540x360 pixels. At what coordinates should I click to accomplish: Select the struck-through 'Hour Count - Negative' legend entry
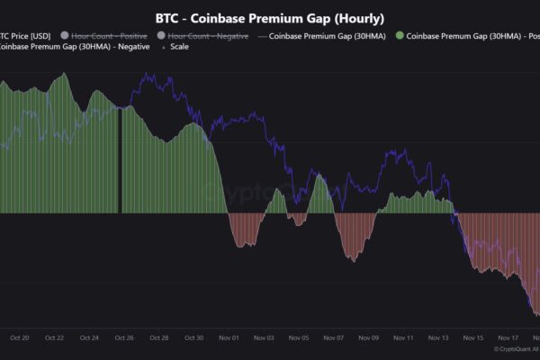(205, 36)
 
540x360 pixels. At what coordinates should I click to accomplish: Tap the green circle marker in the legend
(399, 36)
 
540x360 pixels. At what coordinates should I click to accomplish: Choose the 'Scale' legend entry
(179, 47)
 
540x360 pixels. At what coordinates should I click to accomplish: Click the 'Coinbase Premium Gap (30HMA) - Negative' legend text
(62, 47)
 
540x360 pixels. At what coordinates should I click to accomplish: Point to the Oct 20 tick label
(20, 338)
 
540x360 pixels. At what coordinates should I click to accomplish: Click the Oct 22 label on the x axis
(54, 338)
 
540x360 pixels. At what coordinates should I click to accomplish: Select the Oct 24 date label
(89, 338)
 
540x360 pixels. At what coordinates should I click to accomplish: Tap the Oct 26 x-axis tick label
(124, 338)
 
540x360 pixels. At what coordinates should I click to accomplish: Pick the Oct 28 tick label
(159, 338)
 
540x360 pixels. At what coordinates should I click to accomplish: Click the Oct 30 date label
(194, 338)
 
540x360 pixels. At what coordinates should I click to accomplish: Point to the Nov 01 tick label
(229, 338)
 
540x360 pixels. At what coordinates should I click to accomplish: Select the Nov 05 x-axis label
(299, 338)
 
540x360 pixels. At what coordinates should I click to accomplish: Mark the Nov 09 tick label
(369, 338)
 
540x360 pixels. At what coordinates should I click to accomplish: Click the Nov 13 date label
(439, 338)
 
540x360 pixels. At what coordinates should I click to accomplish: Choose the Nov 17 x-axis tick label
(508, 338)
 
